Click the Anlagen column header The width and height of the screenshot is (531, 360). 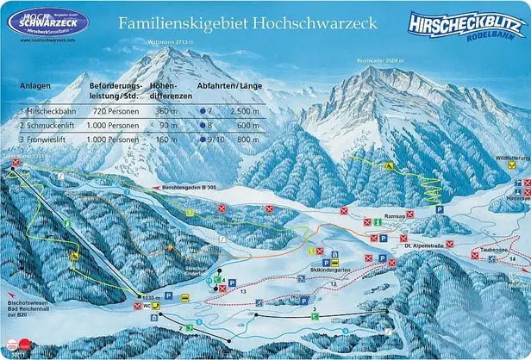(36, 86)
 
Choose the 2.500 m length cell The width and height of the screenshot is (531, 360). (245, 112)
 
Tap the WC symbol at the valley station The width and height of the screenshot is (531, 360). (153, 305)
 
